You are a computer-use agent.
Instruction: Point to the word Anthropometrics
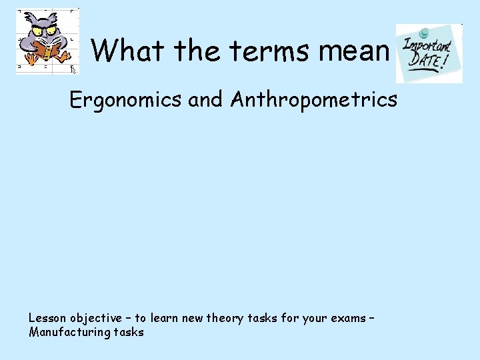click(314, 101)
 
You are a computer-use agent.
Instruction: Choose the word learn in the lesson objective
click(165, 318)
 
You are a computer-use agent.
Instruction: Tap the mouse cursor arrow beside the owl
click(73, 68)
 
